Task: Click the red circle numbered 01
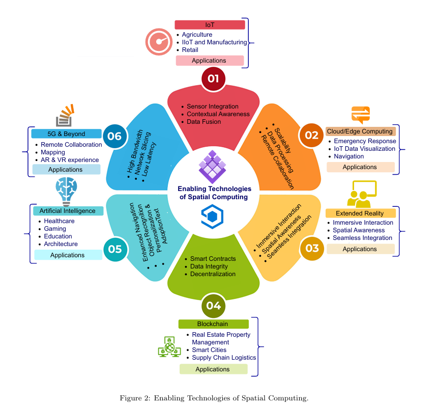pyautogui.click(x=213, y=78)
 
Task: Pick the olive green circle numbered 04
pyautogui.click(x=213, y=306)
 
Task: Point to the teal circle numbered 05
pyautogui.click(x=114, y=249)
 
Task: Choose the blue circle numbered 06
pyautogui.click(x=114, y=136)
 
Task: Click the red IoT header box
pyautogui.click(x=210, y=24)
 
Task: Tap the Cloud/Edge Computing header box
pyautogui.click(x=360, y=131)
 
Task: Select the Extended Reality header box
pyautogui.click(x=360, y=213)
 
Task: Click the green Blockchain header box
pyautogui.click(x=213, y=324)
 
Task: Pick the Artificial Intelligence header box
pyautogui.click(x=68, y=211)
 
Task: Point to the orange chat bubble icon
pyautogui.click(x=361, y=115)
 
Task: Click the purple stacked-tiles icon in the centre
pyautogui.click(x=213, y=166)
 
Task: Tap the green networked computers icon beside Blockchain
pyautogui.click(x=168, y=346)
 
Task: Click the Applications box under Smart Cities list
pyautogui.click(x=213, y=369)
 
